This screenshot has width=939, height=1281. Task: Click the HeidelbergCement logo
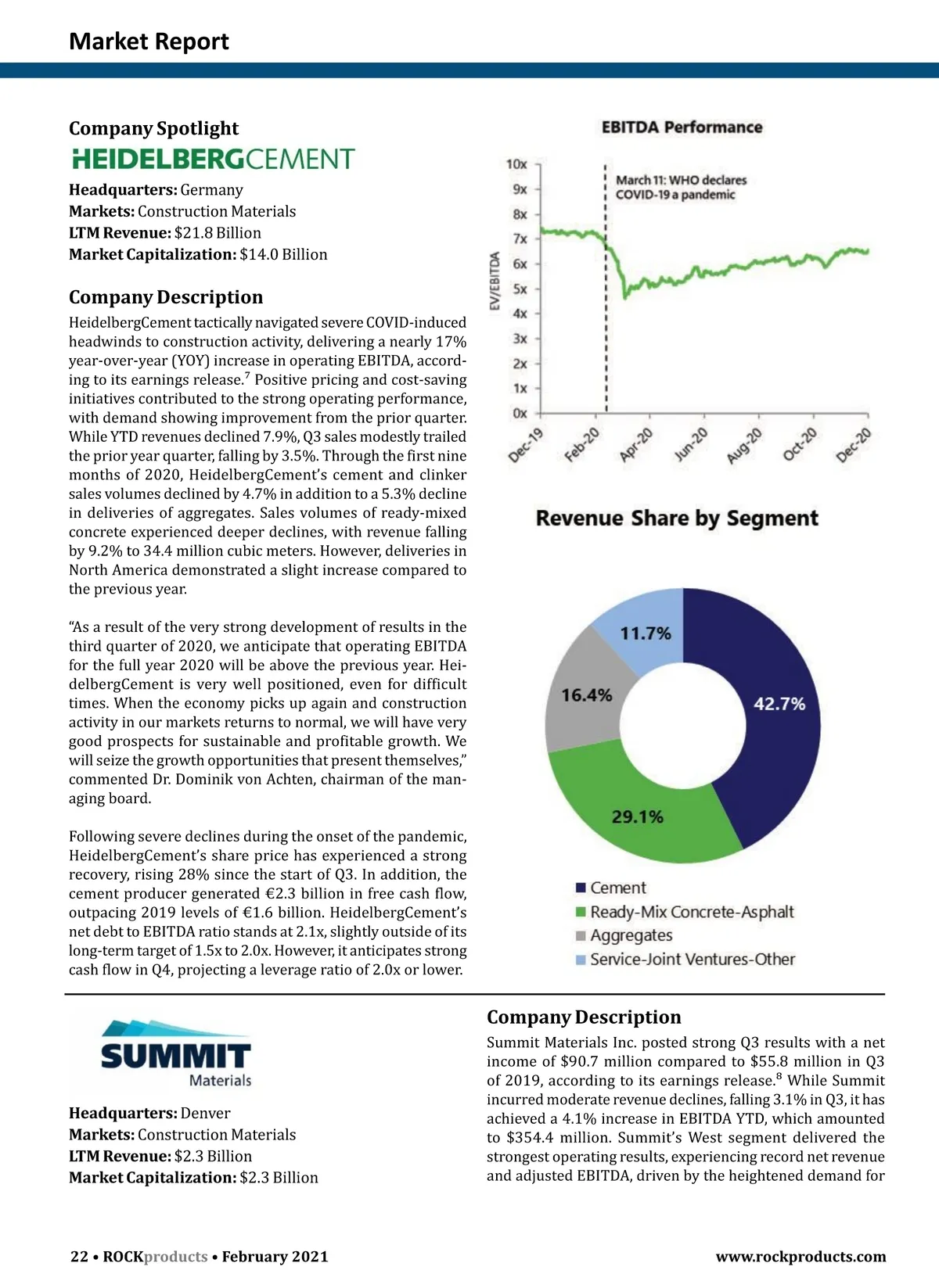tap(213, 160)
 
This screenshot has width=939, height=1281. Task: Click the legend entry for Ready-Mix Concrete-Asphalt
tap(692, 912)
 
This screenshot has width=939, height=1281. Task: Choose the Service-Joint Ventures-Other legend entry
tap(693, 960)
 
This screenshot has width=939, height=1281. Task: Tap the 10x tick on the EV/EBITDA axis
tap(516, 164)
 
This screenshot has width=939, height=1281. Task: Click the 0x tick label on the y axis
tap(520, 413)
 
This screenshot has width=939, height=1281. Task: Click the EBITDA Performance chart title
tap(682, 127)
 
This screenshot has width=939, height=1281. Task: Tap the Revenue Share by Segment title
tap(677, 518)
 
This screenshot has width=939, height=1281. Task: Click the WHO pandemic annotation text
tap(681, 188)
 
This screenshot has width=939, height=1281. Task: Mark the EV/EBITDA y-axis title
tap(495, 282)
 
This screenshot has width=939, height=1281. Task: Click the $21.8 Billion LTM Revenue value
tap(218, 233)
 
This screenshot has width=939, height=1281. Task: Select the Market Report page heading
tap(149, 41)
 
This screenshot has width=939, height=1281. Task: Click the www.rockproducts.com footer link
tap(800, 1257)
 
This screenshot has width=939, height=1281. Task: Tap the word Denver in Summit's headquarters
tap(205, 1113)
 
